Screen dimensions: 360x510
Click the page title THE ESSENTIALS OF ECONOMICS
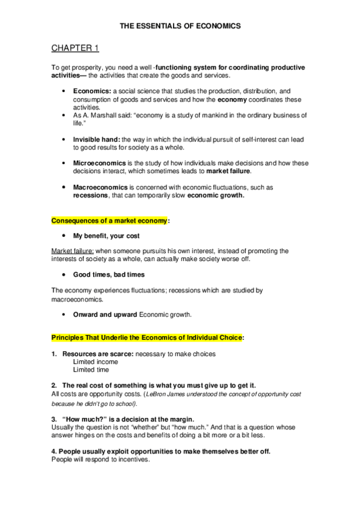(x=180, y=26)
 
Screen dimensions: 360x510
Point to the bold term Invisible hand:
(x=97, y=139)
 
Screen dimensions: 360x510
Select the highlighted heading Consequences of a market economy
(x=109, y=221)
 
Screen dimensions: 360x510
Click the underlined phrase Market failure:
(x=71, y=250)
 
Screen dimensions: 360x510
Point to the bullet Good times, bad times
(x=109, y=274)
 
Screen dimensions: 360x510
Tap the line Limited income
(x=95, y=362)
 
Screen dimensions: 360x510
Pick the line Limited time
(x=91, y=370)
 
